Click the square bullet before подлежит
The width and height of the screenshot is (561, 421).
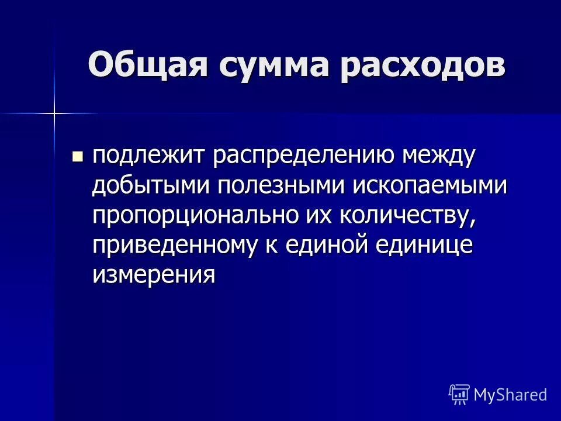(77, 157)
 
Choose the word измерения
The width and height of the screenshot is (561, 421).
(154, 275)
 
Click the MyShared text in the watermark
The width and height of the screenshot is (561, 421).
(511, 394)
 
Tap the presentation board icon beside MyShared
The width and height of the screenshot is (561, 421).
(459, 394)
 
